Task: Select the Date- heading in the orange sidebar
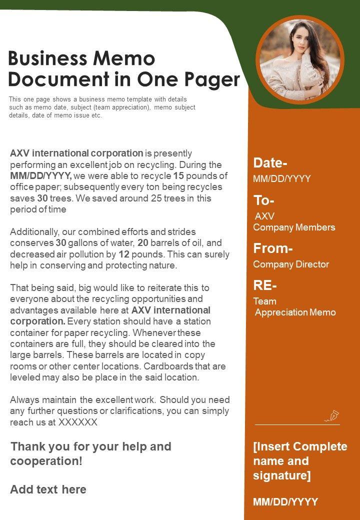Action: pyautogui.click(x=270, y=162)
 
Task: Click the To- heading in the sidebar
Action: pyautogui.click(x=264, y=200)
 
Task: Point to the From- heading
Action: pyautogui.click(x=272, y=248)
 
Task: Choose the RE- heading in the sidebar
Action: pyautogui.click(x=265, y=285)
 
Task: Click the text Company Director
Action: pyautogui.click(x=291, y=264)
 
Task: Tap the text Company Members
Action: pyautogui.click(x=294, y=227)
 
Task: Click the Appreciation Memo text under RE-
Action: pyautogui.click(x=295, y=312)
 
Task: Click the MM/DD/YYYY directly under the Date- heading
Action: pyautogui.click(x=282, y=178)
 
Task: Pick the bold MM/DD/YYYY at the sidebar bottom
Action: pyautogui.click(x=285, y=502)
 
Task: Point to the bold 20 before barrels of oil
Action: pyautogui.click(x=143, y=243)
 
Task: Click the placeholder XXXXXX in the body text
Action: pyautogui.click(x=78, y=422)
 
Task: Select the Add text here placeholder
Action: pyautogui.click(x=48, y=489)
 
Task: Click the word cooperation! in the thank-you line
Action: pyautogui.click(x=46, y=460)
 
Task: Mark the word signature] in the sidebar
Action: pyautogui.click(x=282, y=475)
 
